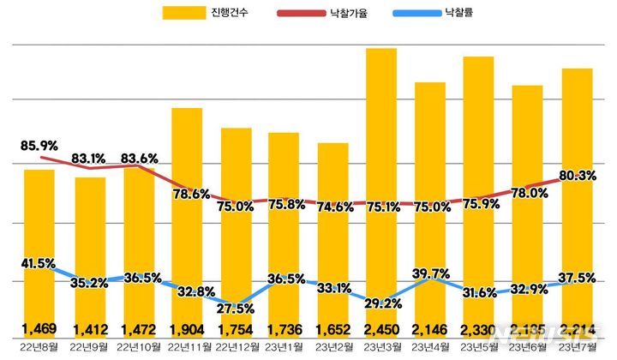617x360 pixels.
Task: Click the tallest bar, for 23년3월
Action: pos(381,171)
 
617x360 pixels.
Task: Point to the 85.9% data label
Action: pos(39,145)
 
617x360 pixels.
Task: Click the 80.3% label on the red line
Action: pos(577,176)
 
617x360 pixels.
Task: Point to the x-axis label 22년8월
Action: pos(39,346)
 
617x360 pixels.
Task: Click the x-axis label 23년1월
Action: pos(284,346)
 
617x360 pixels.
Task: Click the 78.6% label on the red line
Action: pos(186,193)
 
